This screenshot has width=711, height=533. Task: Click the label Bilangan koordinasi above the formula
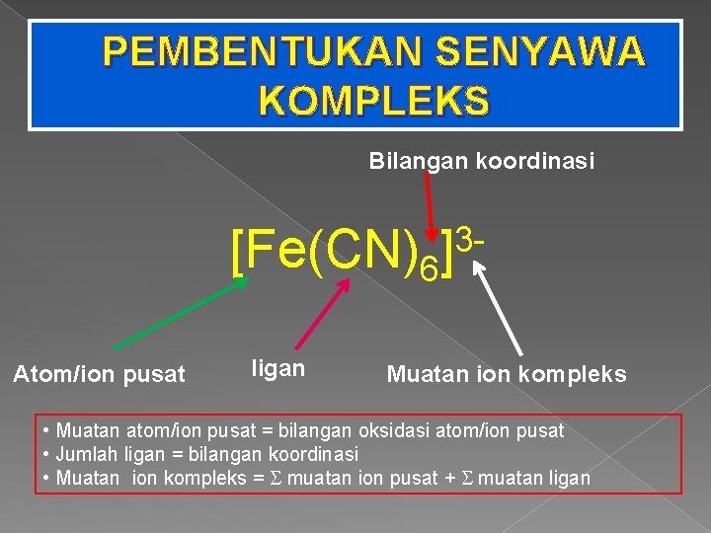pyautogui.click(x=482, y=160)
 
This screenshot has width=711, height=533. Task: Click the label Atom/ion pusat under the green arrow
pyautogui.click(x=98, y=374)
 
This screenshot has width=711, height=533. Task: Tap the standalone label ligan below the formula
pyautogui.click(x=277, y=369)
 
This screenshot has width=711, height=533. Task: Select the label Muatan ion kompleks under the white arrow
pyautogui.click(x=507, y=374)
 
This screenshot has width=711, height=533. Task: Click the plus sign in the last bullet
pyautogui.click(x=449, y=478)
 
